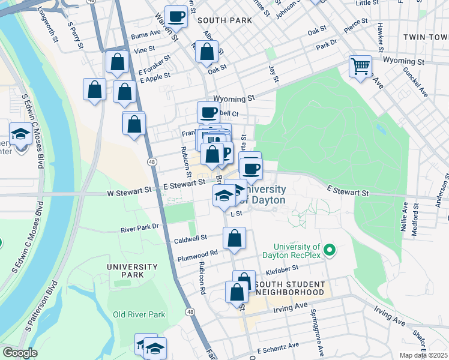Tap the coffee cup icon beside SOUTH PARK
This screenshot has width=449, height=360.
pyautogui.click(x=176, y=17)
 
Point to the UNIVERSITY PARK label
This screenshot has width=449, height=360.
pyautogui.click(x=132, y=271)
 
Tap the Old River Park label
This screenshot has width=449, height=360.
pyautogui.click(x=139, y=314)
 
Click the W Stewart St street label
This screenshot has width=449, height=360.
pyautogui.click(x=130, y=192)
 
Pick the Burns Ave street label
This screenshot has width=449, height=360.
pyautogui.click(x=146, y=36)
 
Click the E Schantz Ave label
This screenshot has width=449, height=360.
pyautogui.click(x=278, y=347)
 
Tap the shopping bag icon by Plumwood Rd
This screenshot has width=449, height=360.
pyautogui.click(x=234, y=238)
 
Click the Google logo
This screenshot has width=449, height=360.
pyautogui.click(x=20, y=353)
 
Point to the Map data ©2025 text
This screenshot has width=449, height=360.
pyautogui.click(x=423, y=355)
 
